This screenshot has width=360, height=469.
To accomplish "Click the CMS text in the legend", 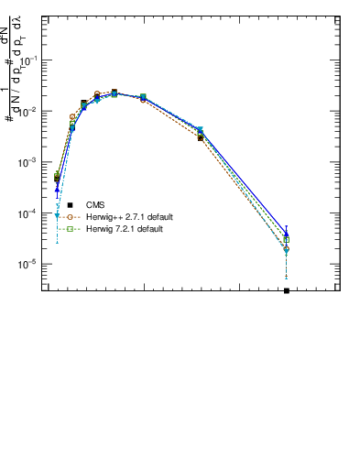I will [94, 205].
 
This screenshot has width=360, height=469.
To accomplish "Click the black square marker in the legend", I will [70, 205].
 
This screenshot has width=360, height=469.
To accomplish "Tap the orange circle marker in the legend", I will [70, 217].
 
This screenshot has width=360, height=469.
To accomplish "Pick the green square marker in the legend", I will [70, 229].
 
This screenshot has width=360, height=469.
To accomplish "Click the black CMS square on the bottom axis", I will [287, 290].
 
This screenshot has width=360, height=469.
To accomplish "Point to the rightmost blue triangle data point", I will [287, 234].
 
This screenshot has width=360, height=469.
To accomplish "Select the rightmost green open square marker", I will [287, 240].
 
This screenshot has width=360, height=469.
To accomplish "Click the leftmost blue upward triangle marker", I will [57, 189].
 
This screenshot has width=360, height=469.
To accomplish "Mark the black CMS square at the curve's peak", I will [115, 92].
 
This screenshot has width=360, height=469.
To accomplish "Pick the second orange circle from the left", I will [72, 117].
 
